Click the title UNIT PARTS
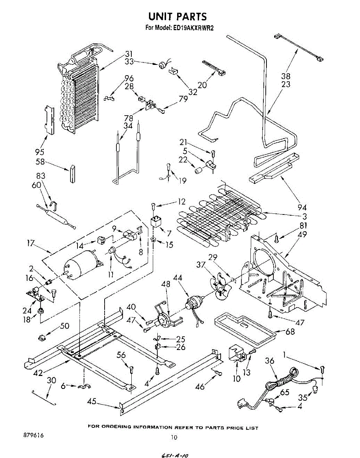(177, 16)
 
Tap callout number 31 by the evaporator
(129, 54)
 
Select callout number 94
(302, 207)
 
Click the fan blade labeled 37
(220, 285)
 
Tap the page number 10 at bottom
(174, 438)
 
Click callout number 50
(65, 326)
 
